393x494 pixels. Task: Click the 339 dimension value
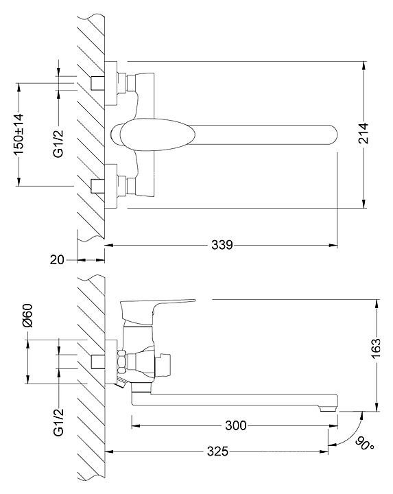(222, 245)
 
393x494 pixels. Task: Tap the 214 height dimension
(364, 133)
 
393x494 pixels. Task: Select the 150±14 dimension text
(19, 134)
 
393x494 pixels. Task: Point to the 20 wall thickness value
(57, 260)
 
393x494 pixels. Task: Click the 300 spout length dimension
(236, 425)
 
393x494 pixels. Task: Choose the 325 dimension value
(217, 451)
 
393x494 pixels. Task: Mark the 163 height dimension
(376, 349)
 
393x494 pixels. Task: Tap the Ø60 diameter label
(27, 316)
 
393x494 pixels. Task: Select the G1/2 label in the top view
(58, 143)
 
